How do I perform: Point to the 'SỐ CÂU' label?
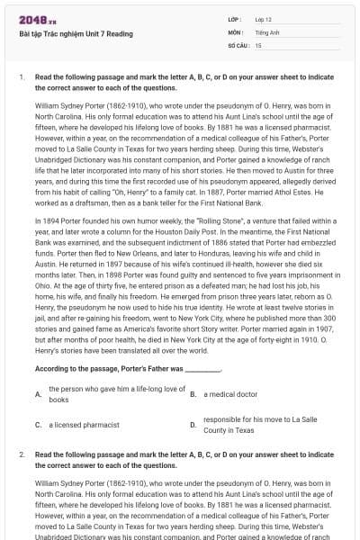(238, 44)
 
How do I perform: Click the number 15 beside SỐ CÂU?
(258, 44)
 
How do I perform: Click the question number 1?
(21, 77)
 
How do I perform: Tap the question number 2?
(21, 455)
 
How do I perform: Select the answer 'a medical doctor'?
(232, 393)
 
